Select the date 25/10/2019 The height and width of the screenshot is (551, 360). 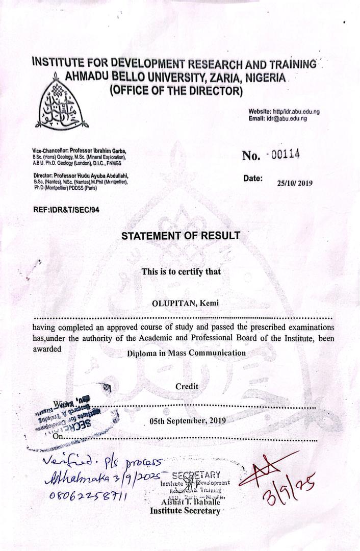click(x=295, y=183)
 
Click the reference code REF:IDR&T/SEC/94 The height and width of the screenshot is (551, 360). click(x=66, y=210)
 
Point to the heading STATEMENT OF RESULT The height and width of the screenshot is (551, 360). click(x=181, y=236)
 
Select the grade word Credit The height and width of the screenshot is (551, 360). click(x=187, y=387)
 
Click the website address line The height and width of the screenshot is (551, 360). click(x=284, y=112)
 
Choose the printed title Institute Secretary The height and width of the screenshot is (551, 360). click(x=185, y=511)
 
